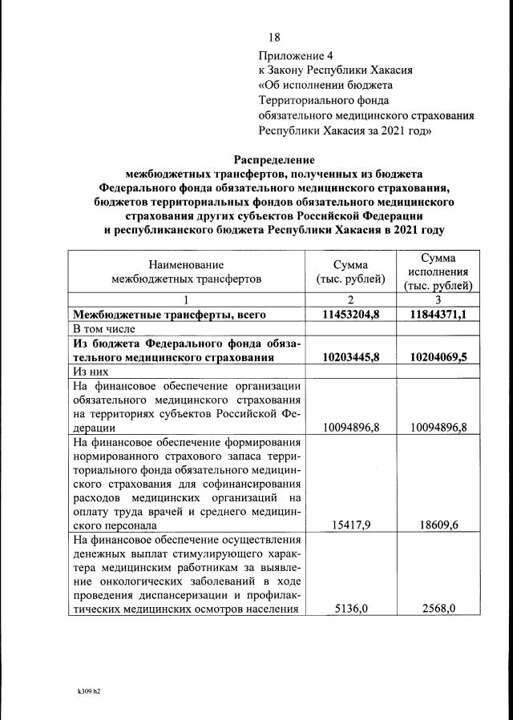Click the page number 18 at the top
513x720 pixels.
[274, 37]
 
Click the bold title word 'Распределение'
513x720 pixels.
[273, 159]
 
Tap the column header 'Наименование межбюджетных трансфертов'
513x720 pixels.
[186, 272]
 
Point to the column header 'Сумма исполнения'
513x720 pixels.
[438, 272]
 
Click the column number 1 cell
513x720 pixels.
[186, 300]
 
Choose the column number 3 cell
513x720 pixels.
[438, 300]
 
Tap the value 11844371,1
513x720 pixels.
[438, 314]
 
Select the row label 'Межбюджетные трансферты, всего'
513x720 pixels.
[169, 314]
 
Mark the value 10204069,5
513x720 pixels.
[438, 357]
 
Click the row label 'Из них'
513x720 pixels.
[90, 372]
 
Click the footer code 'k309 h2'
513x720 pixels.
[78, 688]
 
